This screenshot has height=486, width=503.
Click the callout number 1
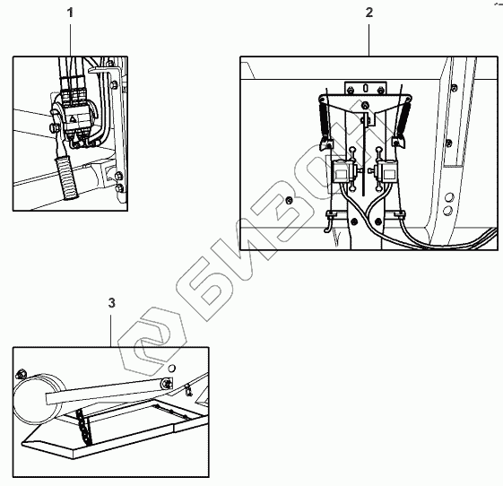click(70, 13)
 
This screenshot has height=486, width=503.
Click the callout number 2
click(369, 13)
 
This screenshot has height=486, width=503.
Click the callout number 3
click(111, 303)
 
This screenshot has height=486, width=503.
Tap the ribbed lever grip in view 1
click(67, 178)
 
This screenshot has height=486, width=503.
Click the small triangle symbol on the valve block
click(73, 120)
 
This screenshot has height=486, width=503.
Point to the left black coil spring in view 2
click(324, 118)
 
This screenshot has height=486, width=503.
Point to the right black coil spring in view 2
click(403, 118)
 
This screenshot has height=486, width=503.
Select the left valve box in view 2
click(342, 171)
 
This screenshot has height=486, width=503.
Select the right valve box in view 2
click(387, 171)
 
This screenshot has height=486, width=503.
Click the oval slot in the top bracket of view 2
click(365, 87)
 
